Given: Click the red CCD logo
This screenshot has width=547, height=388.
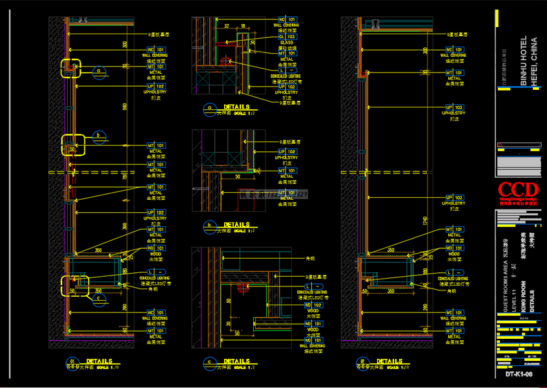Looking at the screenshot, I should click(517, 189).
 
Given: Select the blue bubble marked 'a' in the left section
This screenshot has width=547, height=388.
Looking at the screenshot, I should click(99, 71).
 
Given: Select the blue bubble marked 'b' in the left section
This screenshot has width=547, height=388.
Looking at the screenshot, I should click(99, 136).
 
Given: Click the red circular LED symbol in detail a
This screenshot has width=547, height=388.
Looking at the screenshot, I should click(225, 61).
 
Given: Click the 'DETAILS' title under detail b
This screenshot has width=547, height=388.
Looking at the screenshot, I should click(236, 224).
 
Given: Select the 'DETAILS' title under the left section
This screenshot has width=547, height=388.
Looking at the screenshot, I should click(99, 361).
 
